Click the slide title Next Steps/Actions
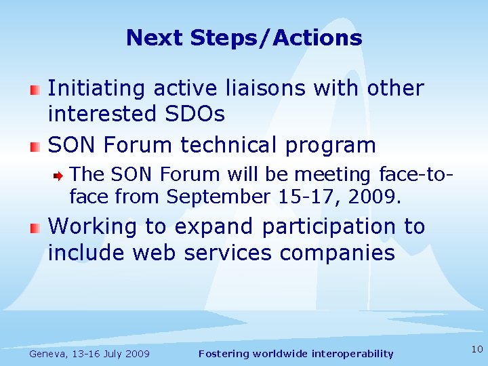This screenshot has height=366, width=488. click(244, 37)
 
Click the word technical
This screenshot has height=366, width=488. click(237, 145)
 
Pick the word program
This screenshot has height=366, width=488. click(337, 145)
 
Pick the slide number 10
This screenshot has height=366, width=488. click(476, 349)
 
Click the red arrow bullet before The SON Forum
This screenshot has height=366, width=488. click(60, 175)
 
